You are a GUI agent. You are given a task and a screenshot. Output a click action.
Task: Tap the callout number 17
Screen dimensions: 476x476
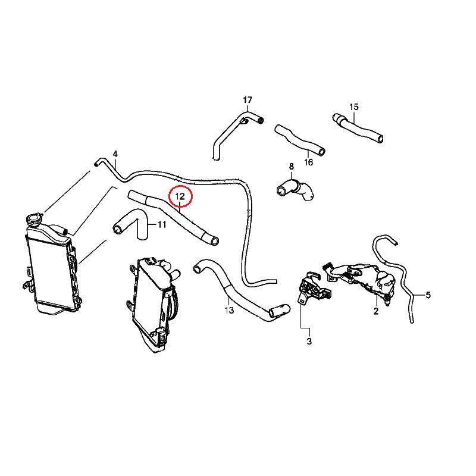coord(248,99)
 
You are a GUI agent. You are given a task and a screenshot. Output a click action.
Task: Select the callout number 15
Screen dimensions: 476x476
coord(354,107)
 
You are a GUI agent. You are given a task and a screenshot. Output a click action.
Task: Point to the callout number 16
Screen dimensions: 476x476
coord(308,162)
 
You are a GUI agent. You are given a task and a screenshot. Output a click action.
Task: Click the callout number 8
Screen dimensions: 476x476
coord(292,166)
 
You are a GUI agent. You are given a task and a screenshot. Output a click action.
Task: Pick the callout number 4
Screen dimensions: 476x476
coord(115,154)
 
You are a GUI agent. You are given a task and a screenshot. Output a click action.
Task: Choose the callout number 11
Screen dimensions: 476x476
coord(161,225)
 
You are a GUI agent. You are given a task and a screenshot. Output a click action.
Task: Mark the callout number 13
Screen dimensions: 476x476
coord(229,310)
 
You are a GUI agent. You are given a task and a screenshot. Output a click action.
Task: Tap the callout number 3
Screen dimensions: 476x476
coord(309,342)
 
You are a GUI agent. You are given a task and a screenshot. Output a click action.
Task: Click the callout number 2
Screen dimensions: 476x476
coord(376,311)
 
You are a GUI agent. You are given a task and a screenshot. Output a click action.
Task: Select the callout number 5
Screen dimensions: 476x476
coord(428,295)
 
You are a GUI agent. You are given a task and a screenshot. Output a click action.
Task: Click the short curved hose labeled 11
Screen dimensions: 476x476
coord(132,224)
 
